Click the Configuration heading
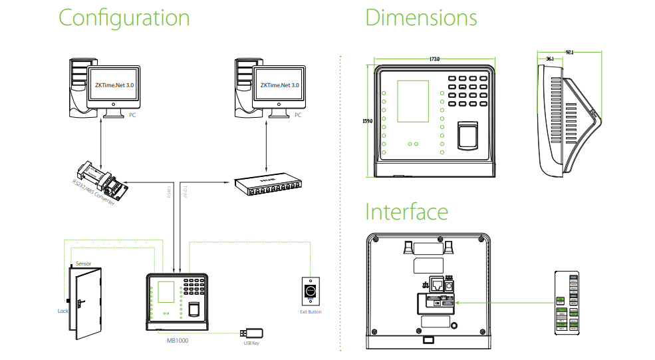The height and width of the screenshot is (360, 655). [x=124, y=18]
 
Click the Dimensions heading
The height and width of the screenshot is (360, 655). [x=421, y=18]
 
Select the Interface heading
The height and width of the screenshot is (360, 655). [x=406, y=212]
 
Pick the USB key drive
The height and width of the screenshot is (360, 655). [x=253, y=333]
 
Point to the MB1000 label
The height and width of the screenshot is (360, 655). [x=178, y=339]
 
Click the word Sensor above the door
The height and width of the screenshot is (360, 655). [x=84, y=264]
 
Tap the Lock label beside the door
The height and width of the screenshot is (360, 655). [x=63, y=310]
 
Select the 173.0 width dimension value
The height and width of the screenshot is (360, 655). [x=435, y=60]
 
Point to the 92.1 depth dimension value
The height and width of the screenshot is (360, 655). [x=569, y=51]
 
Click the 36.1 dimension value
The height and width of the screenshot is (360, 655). [x=549, y=59]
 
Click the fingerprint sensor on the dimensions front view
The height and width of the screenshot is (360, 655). [x=468, y=136]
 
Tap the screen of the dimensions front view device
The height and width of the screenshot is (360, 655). [x=413, y=101]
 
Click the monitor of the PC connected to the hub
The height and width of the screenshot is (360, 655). [x=279, y=87]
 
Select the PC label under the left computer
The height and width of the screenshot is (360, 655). [x=133, y=115]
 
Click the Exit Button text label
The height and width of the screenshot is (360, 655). [x=311, y=311]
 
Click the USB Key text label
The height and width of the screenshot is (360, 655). [x=251, y=343]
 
